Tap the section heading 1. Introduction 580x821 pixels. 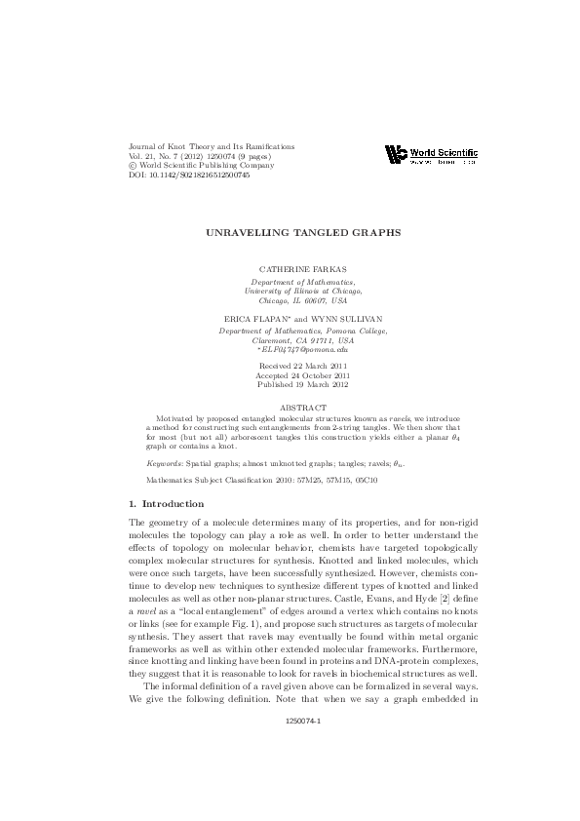pyautogui.click(x=167, y=503)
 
